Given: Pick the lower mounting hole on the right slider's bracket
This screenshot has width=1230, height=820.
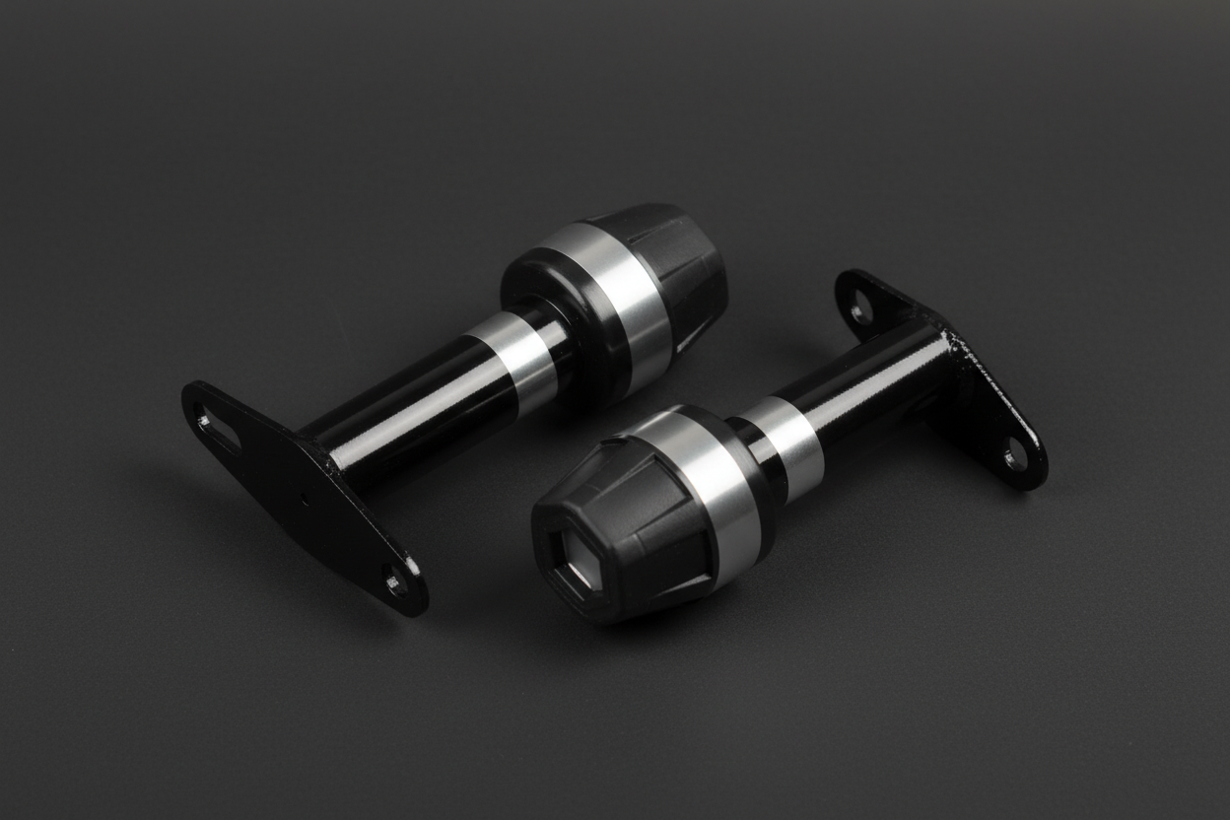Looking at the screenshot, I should pyautogui.click(x=1015, y=454).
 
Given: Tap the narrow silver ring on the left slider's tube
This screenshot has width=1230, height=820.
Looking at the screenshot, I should pyautogui.click(x=513, y=361).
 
